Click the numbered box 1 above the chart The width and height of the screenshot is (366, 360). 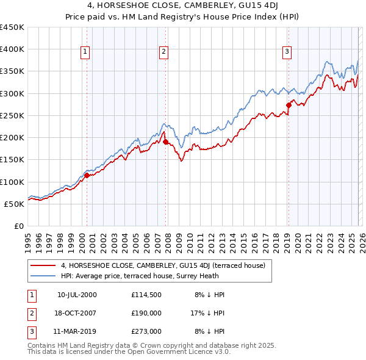[85, 52]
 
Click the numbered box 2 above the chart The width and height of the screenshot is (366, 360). [164, 52]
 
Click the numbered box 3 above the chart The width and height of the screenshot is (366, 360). [287, 52]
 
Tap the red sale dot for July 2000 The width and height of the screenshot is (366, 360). [87, 175]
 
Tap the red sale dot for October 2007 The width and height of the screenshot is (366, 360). [165, 142]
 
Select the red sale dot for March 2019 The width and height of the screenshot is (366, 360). [289, 105]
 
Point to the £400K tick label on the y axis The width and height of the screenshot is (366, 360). [12, 49]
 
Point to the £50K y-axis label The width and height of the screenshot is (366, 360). [15, 204]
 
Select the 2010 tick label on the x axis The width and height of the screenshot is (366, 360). [190, 242]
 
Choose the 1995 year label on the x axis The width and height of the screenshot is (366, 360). [28, 242]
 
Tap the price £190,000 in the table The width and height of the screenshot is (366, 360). [146, 314]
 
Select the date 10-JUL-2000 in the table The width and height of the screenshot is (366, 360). [77, 295]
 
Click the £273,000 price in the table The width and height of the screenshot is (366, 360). [146, 333]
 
